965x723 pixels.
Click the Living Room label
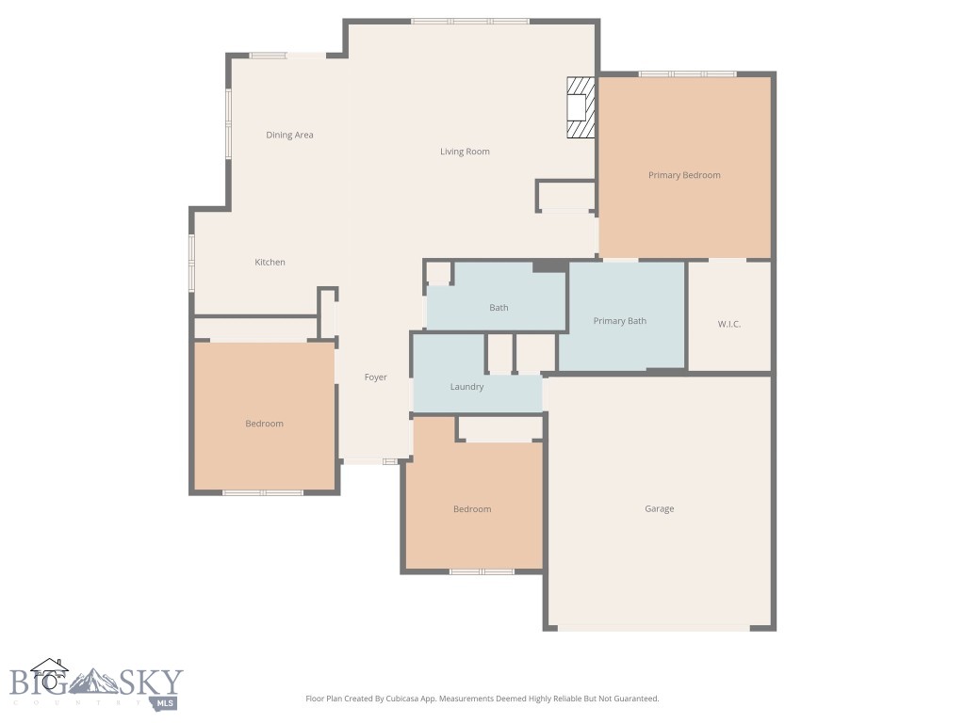[465, 152]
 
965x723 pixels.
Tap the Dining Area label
[289, 135]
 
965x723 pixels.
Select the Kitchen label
[270, 262]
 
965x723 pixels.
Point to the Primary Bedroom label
[684, 175]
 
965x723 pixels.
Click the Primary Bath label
[619, 321]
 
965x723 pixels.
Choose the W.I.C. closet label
[728, 324]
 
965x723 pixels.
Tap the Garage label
[659, 508]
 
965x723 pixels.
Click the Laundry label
[466, 387]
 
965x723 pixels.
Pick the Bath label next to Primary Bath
[499, 308]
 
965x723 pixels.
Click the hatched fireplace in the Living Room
[581, 107]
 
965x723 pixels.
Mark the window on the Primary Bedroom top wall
[687, 73]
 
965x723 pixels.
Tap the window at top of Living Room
[469, 21]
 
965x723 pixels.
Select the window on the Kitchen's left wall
[191, 262]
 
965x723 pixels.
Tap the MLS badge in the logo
[166, 702]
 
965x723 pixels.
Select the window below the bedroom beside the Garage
[481, 571]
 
